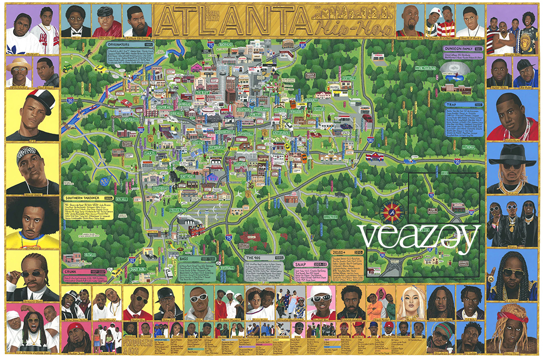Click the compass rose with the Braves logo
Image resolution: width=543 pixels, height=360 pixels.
coord(393,211)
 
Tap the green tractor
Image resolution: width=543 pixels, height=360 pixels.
coord(68,68)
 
